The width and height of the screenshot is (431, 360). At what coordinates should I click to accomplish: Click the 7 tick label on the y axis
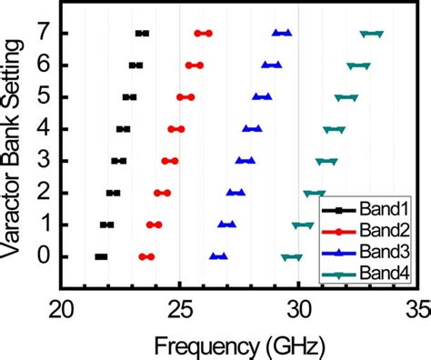[x=42, y=34]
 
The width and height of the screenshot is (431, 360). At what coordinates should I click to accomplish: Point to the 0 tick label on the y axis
[x=42, y=257]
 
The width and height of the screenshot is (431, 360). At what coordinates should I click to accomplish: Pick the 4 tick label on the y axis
[x=42, y=129]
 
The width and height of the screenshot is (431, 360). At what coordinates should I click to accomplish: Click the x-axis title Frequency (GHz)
[x=239, y=344]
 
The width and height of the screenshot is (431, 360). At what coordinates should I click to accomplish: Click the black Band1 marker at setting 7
[x=142, y=34]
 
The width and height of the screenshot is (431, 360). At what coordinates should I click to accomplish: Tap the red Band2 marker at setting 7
[x=204, y=34]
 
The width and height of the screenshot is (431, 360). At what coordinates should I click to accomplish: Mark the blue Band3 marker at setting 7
[x=282, y=34]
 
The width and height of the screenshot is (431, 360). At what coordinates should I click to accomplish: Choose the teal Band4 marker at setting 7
[x=371, y=34]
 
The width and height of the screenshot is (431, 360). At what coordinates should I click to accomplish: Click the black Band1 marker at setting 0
[x=101, y=257]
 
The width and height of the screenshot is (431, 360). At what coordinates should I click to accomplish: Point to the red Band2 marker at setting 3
[x=170, y=161]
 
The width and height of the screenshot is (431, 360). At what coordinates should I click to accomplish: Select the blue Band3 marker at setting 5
[x=262, y=97]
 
